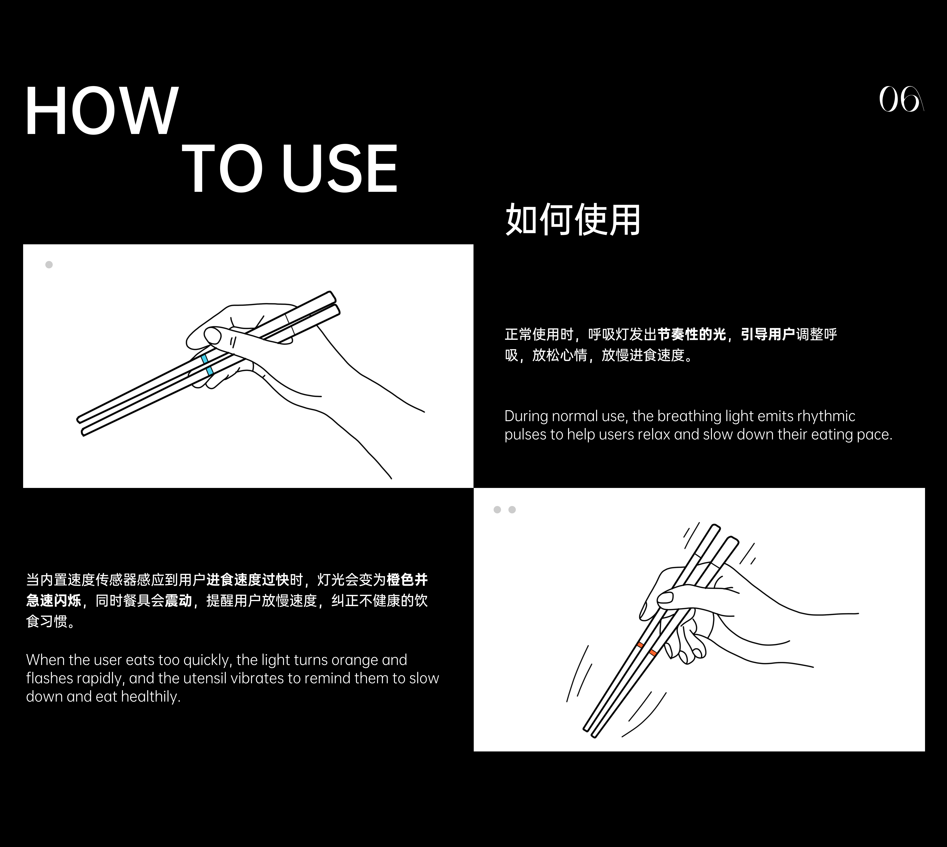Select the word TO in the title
(x=222, y=168)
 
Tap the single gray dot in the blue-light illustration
(x=49, y=265)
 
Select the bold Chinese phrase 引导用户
(x=768, y=334)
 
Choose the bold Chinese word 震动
(x=178, y=601)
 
